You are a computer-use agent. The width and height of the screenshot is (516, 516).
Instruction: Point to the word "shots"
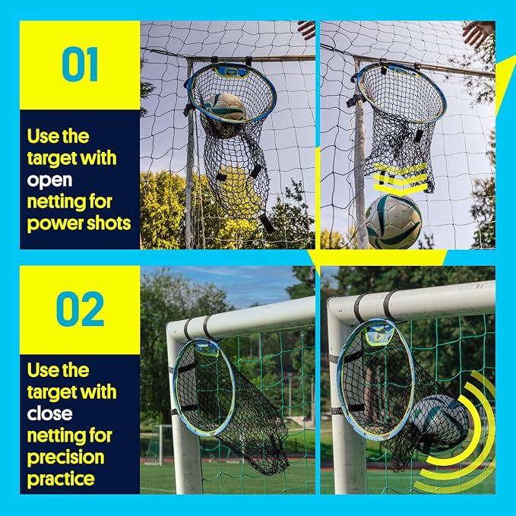(109, 224)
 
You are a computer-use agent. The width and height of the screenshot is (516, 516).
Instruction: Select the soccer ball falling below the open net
(392, 221)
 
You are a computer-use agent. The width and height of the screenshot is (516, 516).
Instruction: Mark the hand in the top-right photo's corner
(478, 32)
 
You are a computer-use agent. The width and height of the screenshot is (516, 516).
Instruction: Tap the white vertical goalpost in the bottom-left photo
(183, 448)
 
